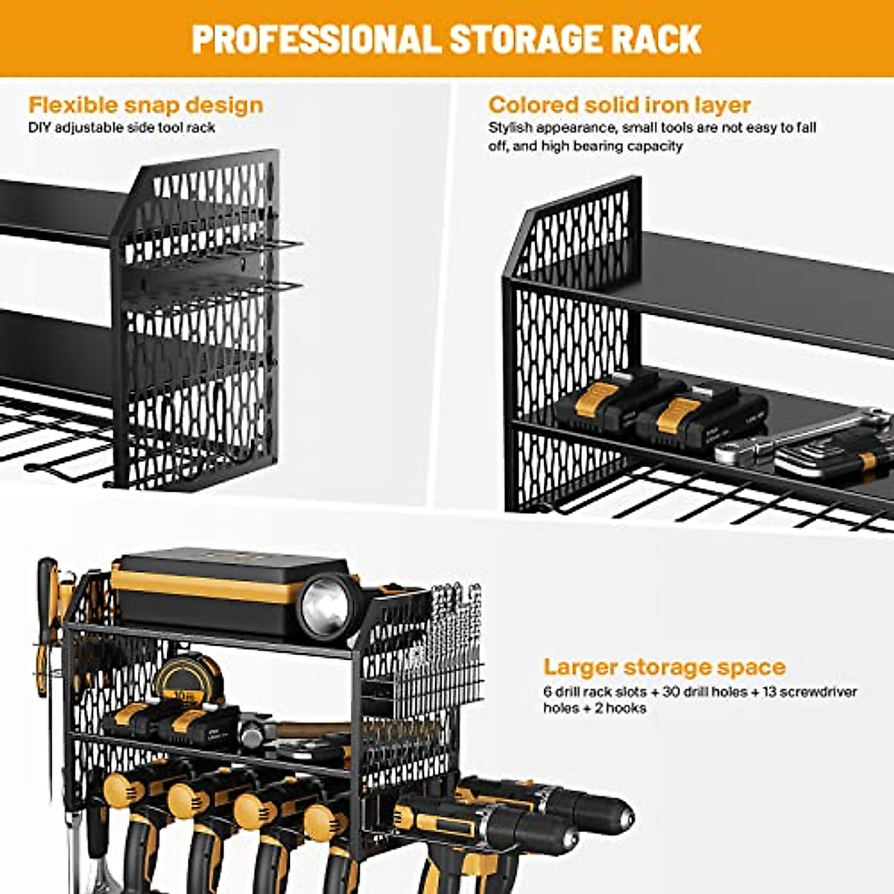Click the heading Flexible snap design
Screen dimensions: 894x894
[x=145, y=104]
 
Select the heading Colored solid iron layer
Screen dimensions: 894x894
[x=619, y=104]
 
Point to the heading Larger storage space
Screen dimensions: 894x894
[x=664, y=666]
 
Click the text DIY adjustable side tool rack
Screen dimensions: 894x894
[x=121, y=127]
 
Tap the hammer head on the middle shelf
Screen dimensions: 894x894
[x=253, y=738]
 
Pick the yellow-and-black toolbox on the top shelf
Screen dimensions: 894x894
[x=209, y=589]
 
